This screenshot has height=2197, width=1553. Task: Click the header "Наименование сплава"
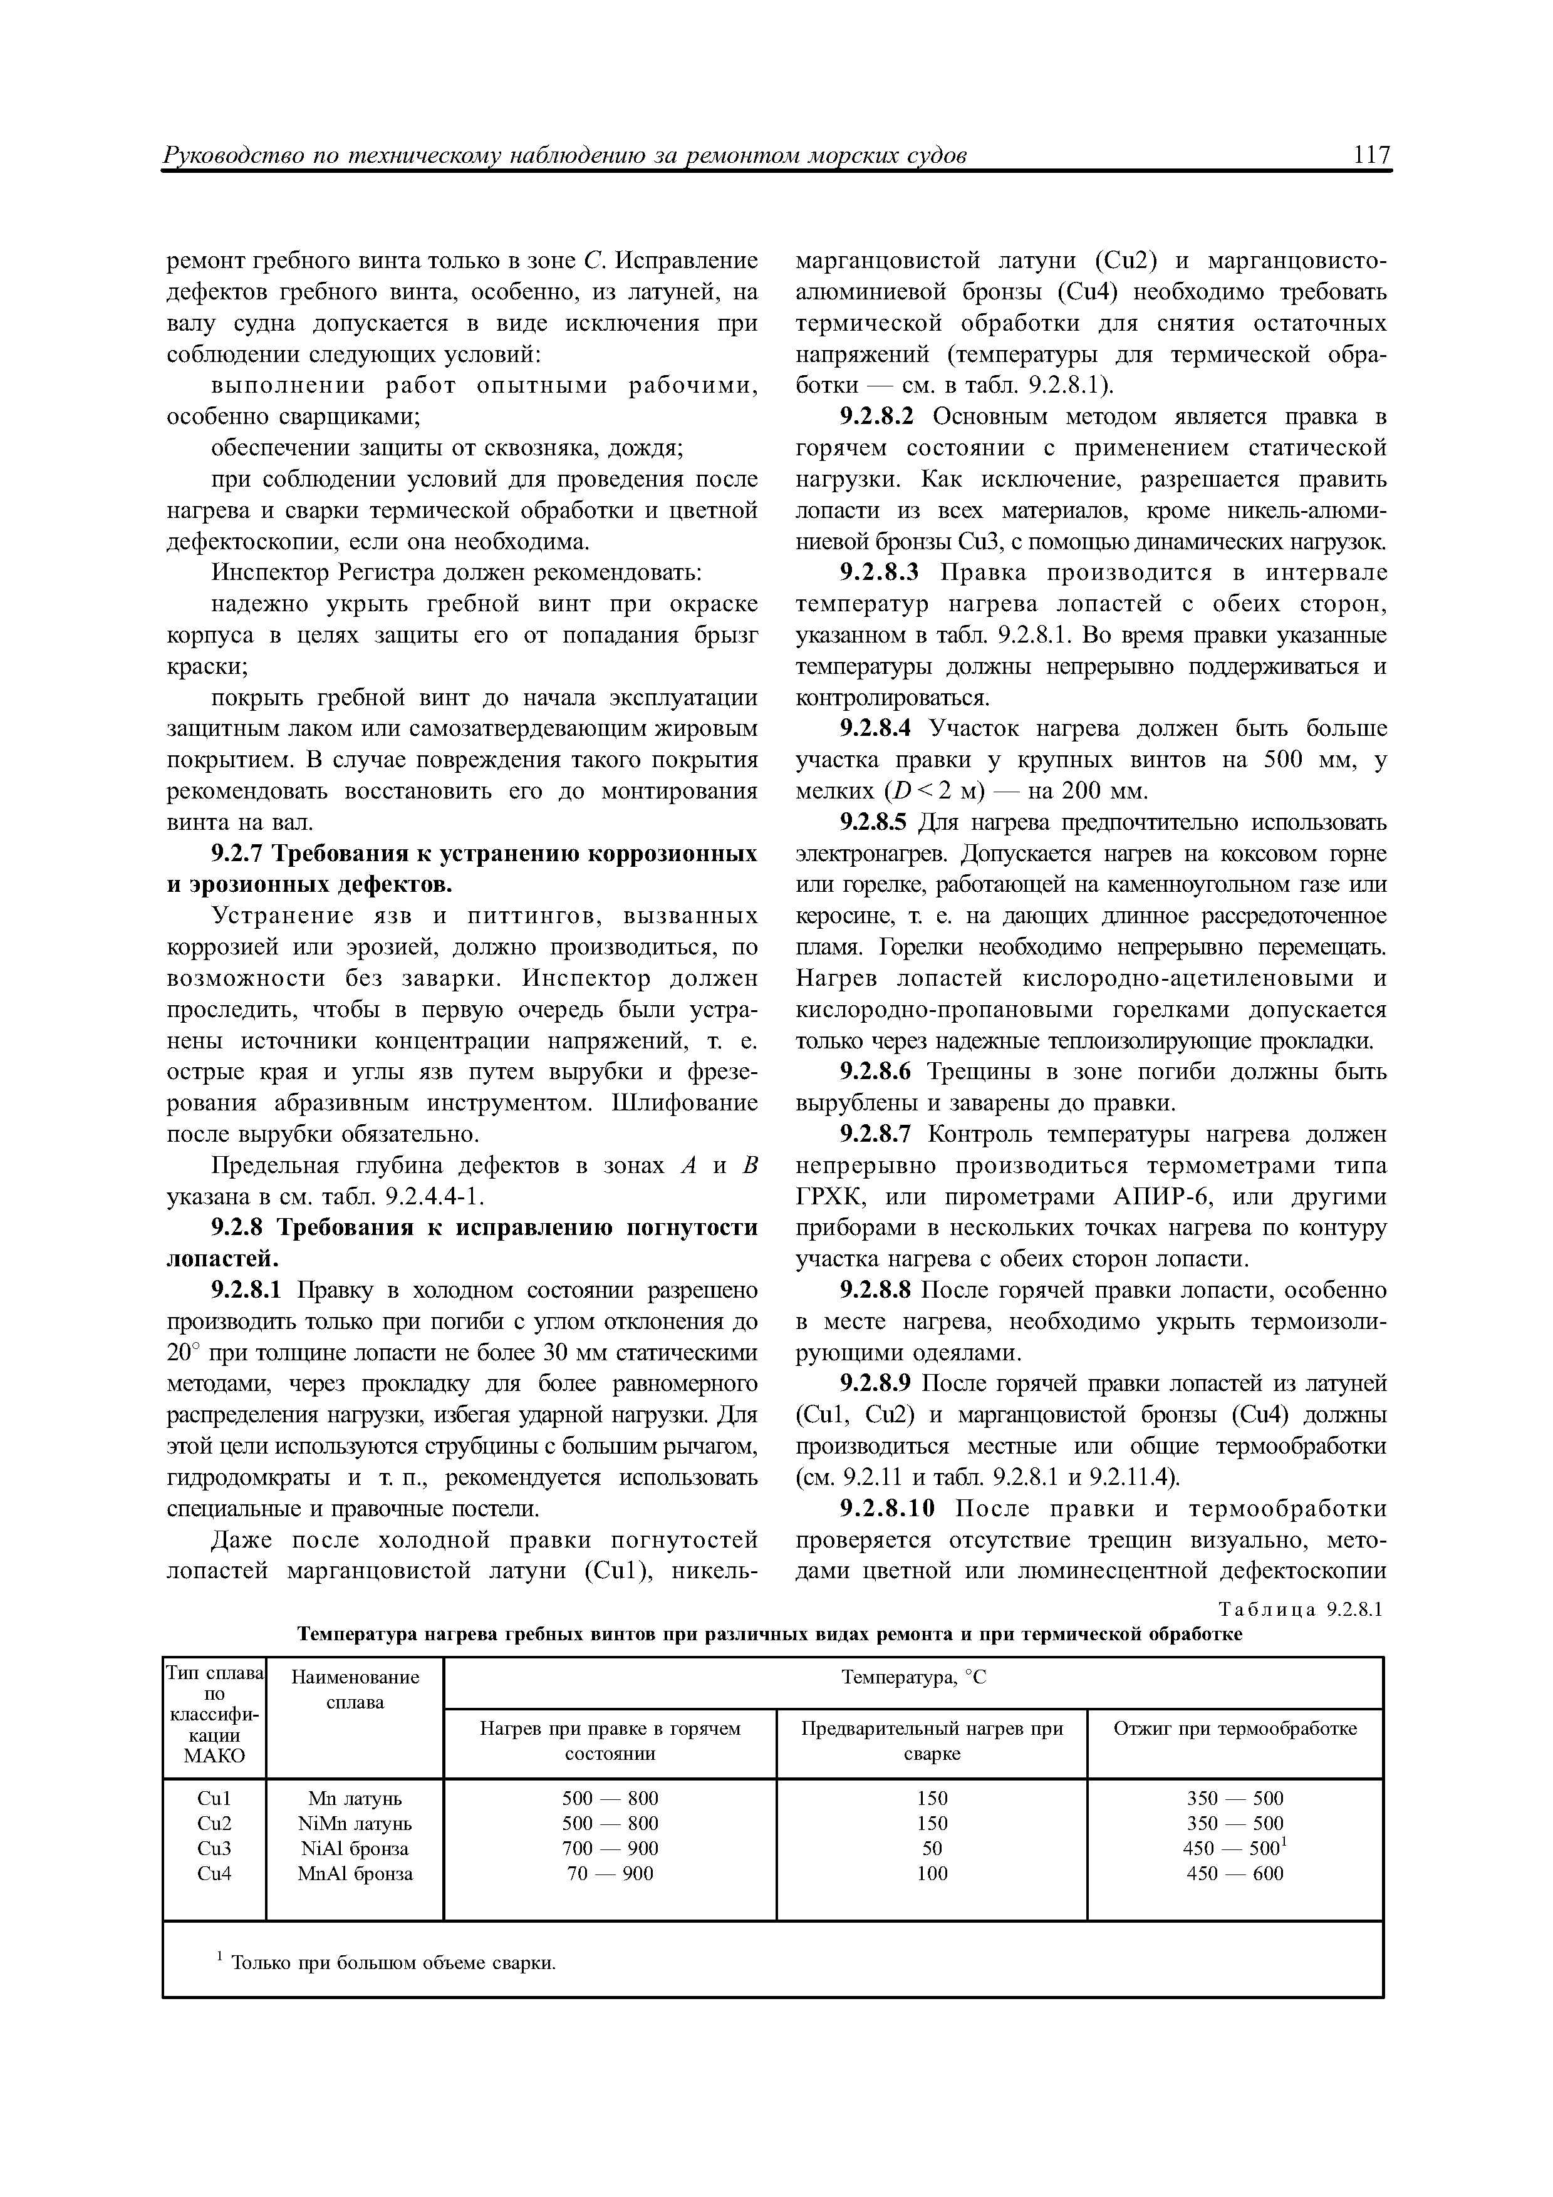coord(355,1689)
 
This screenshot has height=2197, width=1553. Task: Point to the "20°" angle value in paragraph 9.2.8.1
coord(181,1353)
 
